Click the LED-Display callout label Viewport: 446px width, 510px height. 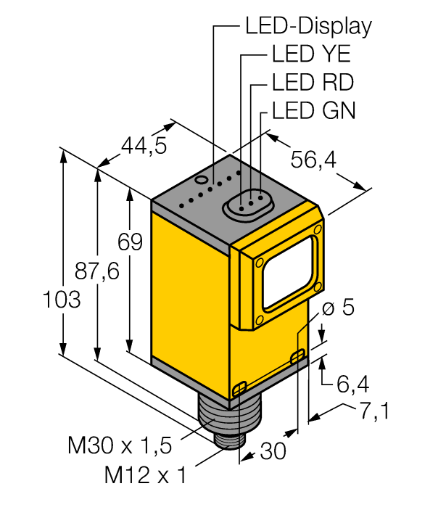click(x=307, y=26)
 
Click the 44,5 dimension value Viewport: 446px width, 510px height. click(x=143, y=147)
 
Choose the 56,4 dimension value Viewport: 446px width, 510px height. click(x=313, y=160)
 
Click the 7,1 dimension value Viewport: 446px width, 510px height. click(x=373, y=412)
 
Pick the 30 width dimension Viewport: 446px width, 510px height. click(x=272, y=451)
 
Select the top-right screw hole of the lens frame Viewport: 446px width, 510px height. click(x=316, y=230)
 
